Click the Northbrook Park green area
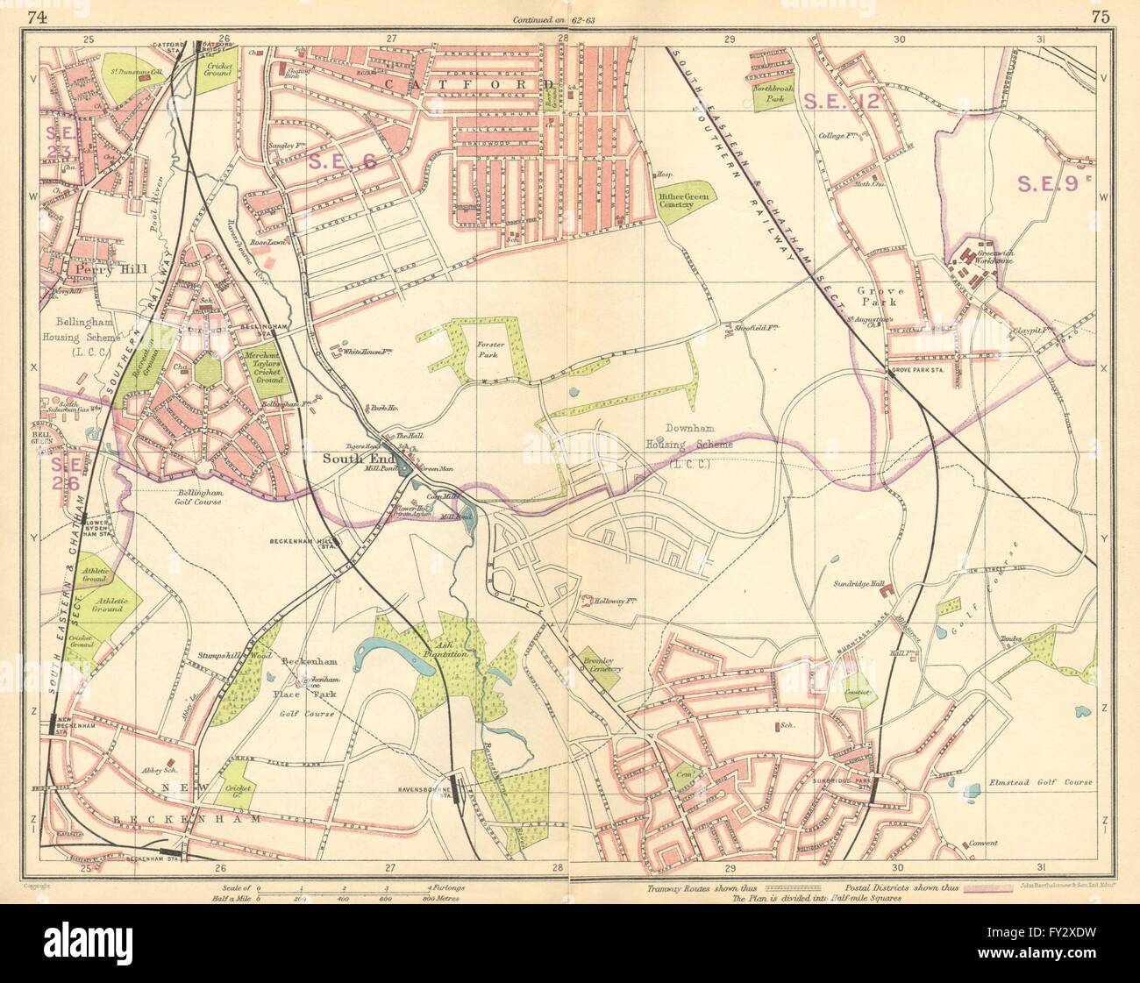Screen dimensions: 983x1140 [x=772, y=94]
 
